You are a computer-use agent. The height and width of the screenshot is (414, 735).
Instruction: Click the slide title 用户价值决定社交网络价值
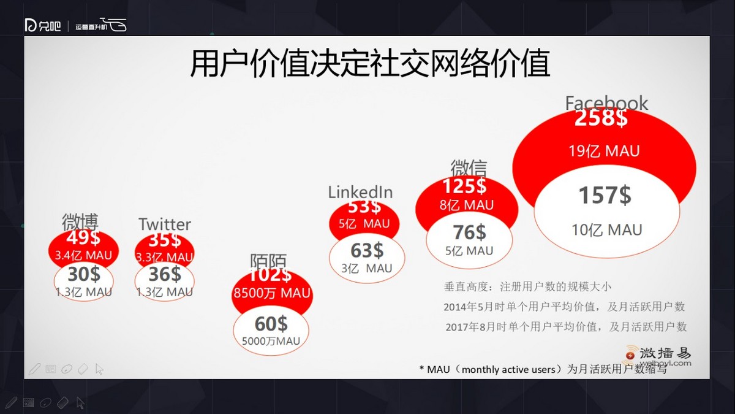point(370,64)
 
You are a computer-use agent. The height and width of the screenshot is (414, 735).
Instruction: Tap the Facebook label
point(606,103)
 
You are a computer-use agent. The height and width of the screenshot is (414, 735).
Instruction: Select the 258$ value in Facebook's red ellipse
point(601,118)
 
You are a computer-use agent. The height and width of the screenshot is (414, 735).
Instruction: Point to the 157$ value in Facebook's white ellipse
point(605,195)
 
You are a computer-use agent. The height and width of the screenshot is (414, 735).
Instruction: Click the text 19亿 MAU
point(604,151)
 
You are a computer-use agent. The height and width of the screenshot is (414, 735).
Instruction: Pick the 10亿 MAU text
point(606,230)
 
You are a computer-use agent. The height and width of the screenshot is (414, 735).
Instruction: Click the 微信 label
point(469,168)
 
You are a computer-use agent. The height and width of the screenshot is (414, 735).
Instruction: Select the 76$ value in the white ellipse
point(469,232)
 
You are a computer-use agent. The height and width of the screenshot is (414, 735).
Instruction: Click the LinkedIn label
point(360,192)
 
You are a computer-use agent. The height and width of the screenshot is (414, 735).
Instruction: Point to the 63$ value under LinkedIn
point(366,250)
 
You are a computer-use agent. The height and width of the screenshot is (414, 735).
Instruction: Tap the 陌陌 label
point(268,261)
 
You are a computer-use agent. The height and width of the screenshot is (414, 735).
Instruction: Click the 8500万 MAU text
point(271,293)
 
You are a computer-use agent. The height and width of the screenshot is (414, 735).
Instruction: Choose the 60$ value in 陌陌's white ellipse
point(271,323)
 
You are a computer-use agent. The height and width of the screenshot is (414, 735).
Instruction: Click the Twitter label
point(164,224)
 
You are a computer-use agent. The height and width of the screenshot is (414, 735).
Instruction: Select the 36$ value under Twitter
point(164,274)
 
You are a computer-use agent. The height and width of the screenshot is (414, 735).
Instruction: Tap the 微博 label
point(80,222)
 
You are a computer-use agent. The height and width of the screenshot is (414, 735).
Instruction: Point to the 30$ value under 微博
point(84,274)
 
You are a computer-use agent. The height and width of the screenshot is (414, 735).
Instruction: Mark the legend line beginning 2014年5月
point(564,307)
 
